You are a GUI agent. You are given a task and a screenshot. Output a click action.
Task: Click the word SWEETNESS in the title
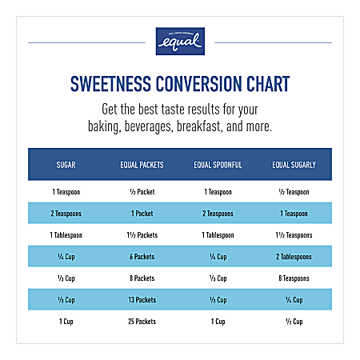pos(118,85)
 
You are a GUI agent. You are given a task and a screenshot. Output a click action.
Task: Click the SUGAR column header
pos(66,165)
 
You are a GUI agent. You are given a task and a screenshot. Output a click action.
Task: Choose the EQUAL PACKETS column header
pos(142,165)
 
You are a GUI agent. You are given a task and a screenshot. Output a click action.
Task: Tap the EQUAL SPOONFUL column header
pos(218,165)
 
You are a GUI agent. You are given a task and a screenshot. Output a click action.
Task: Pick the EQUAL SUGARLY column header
pos(294,165)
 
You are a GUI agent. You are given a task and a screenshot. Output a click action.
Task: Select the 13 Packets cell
pos(142,299)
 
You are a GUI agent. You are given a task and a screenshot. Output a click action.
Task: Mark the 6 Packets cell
pos(142,256)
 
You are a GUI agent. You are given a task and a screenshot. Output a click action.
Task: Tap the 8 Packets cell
pos(142,278)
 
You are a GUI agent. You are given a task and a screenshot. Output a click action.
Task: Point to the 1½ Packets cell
pos(142,235)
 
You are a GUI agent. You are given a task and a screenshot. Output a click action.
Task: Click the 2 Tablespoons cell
pos(294,256)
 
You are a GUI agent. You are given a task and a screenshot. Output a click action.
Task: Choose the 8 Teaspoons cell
pos(294,278)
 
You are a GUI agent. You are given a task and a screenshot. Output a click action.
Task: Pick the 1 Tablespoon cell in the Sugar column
pos(66,235)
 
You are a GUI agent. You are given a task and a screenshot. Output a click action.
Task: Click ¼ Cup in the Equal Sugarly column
pos(294,299)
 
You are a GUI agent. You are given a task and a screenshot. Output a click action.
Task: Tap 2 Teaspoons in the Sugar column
pos(66,214)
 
